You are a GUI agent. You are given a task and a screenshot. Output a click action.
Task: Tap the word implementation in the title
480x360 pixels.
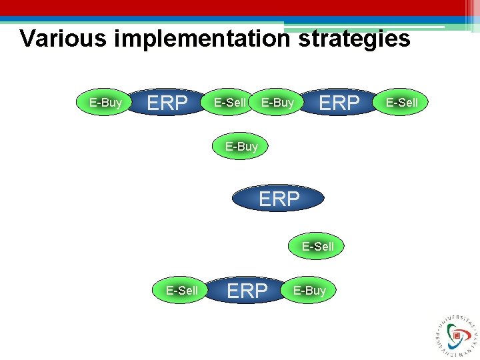tap(203, 39)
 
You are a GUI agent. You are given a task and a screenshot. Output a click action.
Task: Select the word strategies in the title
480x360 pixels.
tap(354, 39)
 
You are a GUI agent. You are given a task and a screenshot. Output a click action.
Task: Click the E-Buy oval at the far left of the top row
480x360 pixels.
tap(105, 102)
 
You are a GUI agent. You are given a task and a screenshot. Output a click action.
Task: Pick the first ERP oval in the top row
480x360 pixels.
tap(167, 103)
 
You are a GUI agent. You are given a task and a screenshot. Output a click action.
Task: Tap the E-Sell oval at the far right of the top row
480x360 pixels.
tap(402, 102)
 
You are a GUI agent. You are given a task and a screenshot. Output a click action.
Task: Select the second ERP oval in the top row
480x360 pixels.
tap(339, 103)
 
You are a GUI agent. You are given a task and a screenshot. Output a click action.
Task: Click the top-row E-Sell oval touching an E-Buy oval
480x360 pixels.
tap(229, 102)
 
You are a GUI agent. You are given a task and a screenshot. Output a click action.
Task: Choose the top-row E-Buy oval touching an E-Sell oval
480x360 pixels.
tap(277, 102)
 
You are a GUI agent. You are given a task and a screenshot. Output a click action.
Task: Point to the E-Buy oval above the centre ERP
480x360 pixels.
tap(241, 146)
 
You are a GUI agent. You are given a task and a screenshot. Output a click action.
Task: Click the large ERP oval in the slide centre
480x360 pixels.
tap(279, 198)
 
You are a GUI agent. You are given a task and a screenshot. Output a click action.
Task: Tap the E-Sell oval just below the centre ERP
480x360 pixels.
tap(317, 246)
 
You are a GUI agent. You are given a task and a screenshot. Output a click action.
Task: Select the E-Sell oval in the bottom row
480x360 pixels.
tap(182, 290)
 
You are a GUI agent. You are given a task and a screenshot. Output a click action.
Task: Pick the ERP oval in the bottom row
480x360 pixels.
tap(247, 291)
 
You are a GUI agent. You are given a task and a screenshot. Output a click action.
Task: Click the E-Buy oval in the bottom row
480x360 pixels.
tap(309, 290)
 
